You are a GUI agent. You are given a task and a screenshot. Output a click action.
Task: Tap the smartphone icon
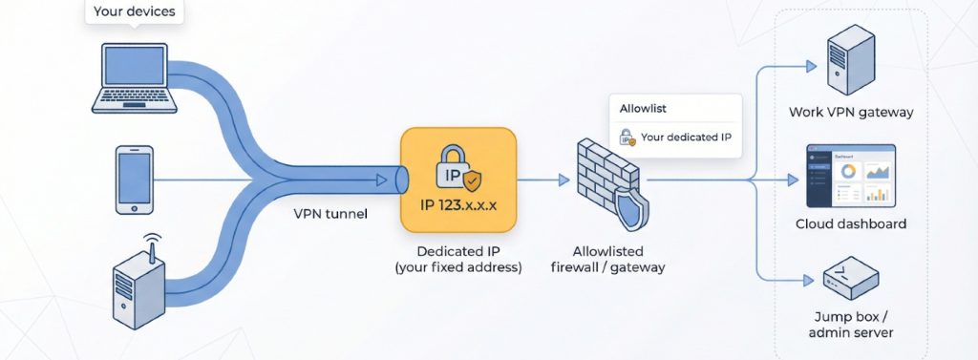[133, 180]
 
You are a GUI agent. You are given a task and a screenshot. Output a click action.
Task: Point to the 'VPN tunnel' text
[330, 214]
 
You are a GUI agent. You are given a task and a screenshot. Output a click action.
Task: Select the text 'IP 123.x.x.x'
[458, 204]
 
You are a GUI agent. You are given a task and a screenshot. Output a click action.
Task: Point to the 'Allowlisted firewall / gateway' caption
[608, 259]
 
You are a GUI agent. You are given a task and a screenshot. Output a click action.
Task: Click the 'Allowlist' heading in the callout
[641, 109]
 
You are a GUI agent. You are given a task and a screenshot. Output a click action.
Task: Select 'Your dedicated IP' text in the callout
[686, 138]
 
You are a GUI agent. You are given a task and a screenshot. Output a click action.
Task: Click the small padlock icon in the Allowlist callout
[627, 138]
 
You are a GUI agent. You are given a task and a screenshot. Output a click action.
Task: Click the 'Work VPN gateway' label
[851, 113]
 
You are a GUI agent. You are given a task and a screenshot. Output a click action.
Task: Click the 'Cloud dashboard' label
[851, 224]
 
